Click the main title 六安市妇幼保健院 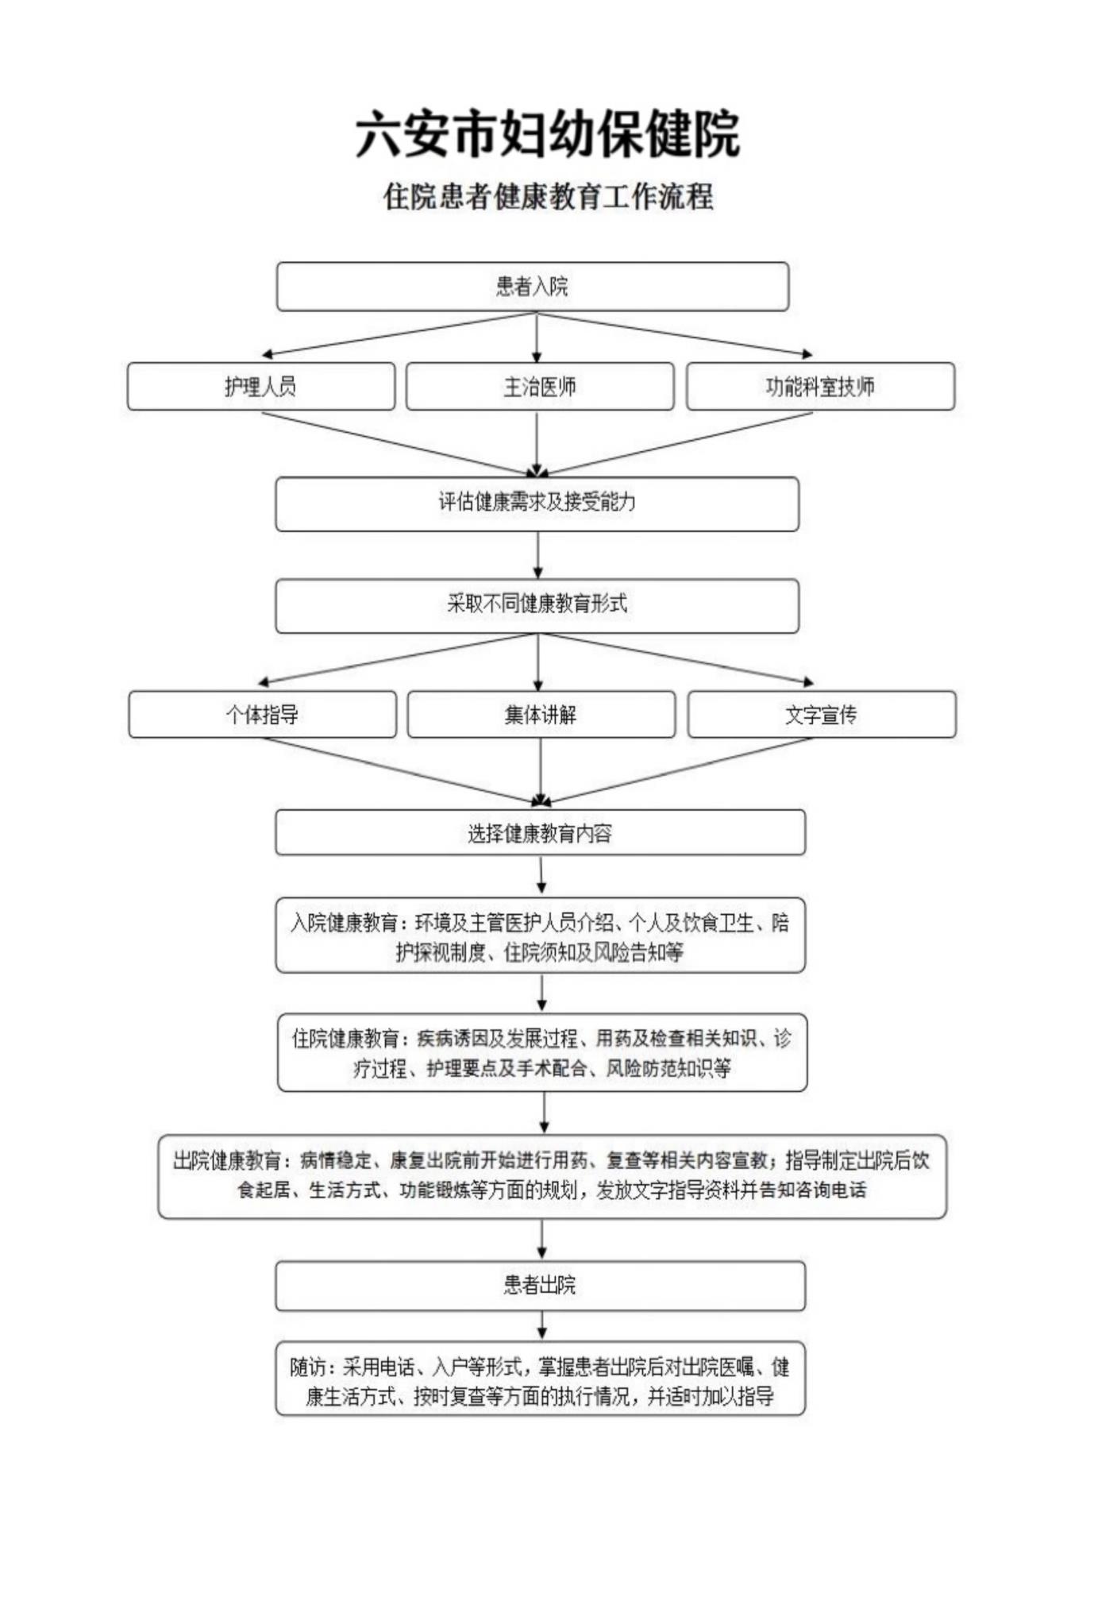(x=547, y=134)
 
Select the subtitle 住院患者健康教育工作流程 (x=548, y=197)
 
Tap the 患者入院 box (x=532, y=287)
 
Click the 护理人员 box (x=260, y=387)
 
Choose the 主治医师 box (x=540, y=387)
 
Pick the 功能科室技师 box (x=820, y=387)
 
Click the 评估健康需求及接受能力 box (x=537, y=503)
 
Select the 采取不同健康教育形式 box (x=537, y=605)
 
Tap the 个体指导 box (x=262, y=715)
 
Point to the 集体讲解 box (x=541, y=715)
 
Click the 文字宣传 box (x=822, y=715)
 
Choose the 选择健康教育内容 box (x=540, y=833)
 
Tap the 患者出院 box (x=540, y=1285)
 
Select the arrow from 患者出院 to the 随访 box (x=541, y=1325)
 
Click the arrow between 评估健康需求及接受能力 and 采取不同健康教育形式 (x=537, y=554)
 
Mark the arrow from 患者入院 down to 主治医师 (x=537, y=338)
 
